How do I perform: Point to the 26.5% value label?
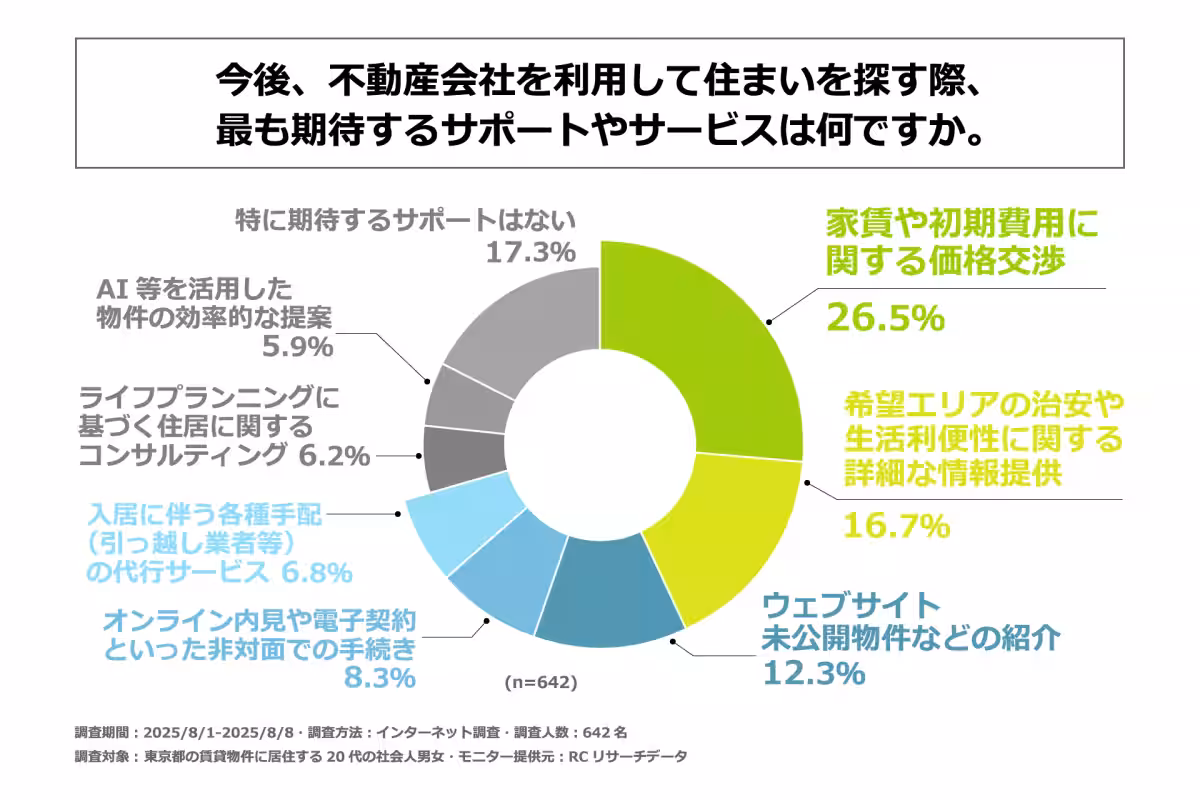coord(884,317)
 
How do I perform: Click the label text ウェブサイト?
coord(852,606)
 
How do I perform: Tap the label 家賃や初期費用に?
coord(961,222)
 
